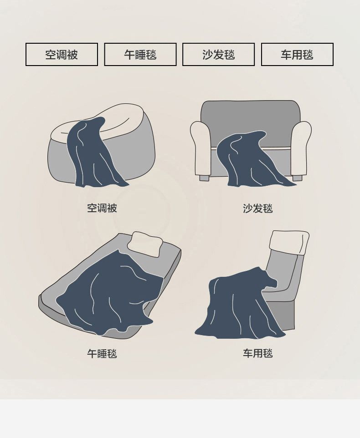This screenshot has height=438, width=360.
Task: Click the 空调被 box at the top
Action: [x=62, y=55]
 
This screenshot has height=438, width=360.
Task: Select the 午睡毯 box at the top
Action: [x=140, y=55]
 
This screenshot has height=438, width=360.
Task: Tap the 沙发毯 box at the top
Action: [x=219, y=55]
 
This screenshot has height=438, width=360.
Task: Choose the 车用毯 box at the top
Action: [x=298, y=55]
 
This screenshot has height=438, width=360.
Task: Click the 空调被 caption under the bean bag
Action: [x=102, y=208]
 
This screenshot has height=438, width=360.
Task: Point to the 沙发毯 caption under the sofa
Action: [x=258, y=209]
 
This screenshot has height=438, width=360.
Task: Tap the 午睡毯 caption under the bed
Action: [x=102, y=354]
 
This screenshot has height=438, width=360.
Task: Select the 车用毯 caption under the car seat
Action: [x=258, y=353]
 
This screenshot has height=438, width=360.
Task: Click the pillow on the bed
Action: [x=145, y=244]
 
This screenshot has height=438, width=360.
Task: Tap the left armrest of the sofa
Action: [x=201, y=148]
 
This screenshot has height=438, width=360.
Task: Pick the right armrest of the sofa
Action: [x=301, y=148]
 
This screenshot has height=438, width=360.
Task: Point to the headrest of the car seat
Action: [x=289, y=242]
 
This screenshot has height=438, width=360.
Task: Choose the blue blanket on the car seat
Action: [x=240, y=305]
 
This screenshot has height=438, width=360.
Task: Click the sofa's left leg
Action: [x=204, y=178]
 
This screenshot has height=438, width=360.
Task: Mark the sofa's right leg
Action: [x=298, y=178]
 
